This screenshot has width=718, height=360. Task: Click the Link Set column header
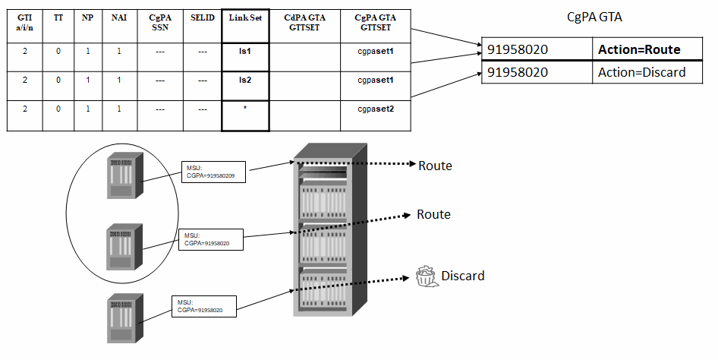point(245,17)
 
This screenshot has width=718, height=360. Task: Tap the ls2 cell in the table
point(245,79)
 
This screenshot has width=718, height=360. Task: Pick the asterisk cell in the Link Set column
point(245,109)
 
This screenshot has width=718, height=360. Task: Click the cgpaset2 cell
point(376,109)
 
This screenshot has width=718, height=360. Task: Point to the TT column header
point(58,17)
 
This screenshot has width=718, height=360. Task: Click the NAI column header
point(118,17)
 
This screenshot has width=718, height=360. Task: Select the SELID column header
point(201,17)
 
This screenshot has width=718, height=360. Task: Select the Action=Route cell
point(638,50)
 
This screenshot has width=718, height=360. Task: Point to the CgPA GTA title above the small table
point(594,17)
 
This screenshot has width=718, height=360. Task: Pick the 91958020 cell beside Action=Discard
point(536,72)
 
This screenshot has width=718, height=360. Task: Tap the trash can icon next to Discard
point(425,276)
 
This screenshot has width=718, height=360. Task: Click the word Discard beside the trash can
point(462,276)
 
